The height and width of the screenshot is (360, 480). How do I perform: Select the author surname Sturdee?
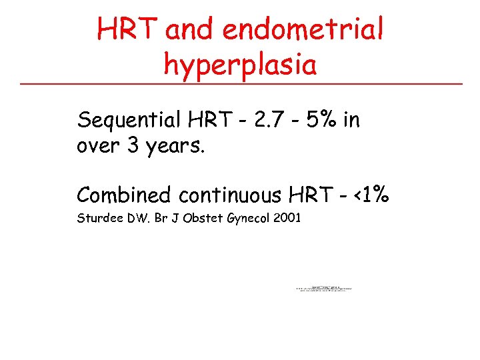coord(99,217)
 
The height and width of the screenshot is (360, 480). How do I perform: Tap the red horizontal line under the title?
coord(240,84)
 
